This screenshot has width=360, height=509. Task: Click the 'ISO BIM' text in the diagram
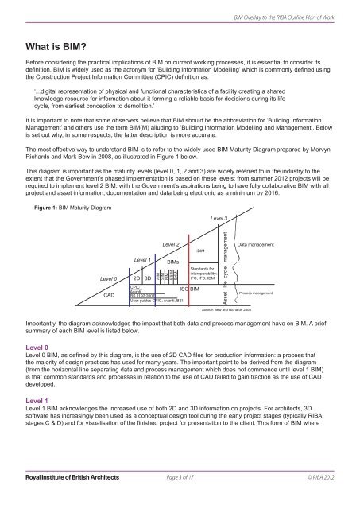coord(193,288)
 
